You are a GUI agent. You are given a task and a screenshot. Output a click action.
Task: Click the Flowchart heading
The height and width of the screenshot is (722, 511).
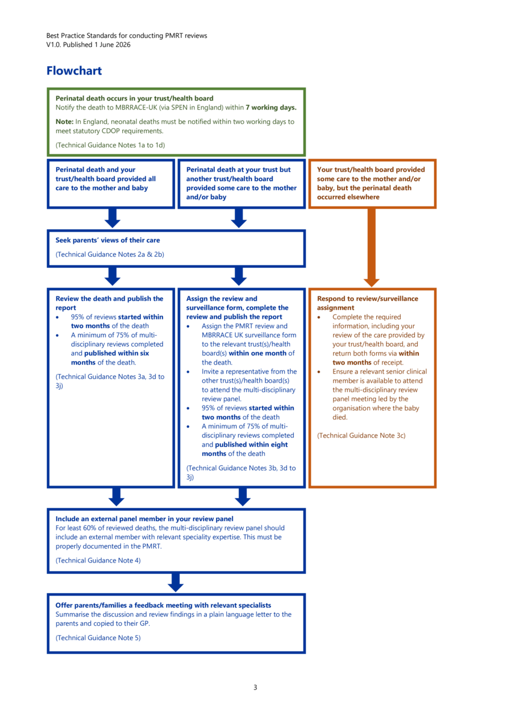[x=74, y=70]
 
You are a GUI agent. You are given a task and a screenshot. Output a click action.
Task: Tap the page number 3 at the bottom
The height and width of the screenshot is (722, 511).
[x=255, y=687]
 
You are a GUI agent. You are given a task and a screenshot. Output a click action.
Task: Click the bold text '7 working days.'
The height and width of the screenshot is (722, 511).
[x=271, y=107]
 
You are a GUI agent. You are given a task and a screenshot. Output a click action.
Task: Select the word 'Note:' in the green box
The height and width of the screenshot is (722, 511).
[x=64, y=122]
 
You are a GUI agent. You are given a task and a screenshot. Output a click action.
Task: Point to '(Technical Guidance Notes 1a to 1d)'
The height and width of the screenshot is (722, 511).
[x=110, y=145]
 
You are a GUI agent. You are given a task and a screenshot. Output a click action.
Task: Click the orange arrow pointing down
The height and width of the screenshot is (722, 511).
[x=371, y=247]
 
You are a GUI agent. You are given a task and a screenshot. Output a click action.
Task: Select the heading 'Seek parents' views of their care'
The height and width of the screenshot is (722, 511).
[x=108, y=240]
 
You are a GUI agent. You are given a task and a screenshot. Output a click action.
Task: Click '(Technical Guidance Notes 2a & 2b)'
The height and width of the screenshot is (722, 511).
[x=110, y=255]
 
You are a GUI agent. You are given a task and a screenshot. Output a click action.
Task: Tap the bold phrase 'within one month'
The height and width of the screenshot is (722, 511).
[x=258, y=353]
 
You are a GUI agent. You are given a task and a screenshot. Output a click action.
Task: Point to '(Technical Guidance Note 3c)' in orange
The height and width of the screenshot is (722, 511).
[x=361, y=436]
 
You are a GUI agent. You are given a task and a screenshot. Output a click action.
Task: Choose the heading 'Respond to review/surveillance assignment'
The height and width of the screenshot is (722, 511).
[x=368, y=303]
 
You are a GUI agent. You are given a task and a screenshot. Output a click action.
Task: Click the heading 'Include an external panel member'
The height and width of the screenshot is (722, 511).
[x=144, y=519]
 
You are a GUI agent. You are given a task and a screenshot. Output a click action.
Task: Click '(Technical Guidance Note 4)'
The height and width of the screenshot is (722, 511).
[x=98, y=560]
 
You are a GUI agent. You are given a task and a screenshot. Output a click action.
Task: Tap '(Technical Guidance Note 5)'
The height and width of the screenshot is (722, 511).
[x=98, y=638]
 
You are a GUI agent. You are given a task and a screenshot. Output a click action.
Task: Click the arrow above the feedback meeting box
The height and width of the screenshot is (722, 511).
[x=176, y=582]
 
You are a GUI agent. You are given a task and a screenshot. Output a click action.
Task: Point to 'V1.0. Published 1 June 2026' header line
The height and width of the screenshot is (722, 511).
[x=88, y=45]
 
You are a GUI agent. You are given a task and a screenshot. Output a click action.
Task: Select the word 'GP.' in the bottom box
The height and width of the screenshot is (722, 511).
[x=145, y=623]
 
